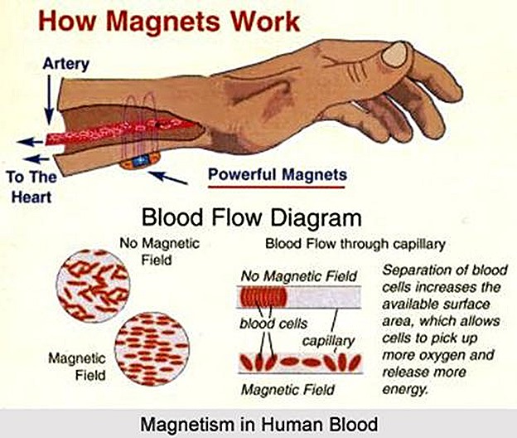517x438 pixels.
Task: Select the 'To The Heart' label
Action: tap(31, 186)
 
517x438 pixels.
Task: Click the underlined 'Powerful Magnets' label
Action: tap(277, 174)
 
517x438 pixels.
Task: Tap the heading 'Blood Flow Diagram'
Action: tap(252, 219)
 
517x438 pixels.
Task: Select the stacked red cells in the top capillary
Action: tap(261, 297)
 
